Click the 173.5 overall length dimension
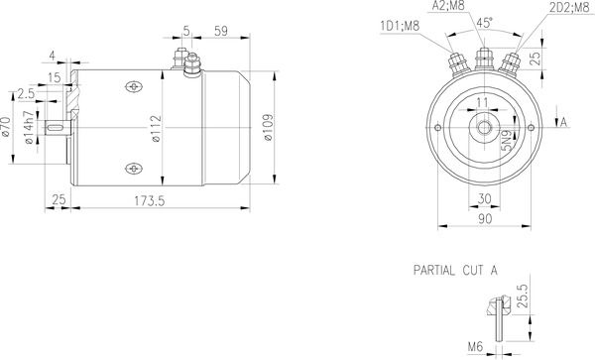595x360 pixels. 150,200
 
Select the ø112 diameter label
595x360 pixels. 156,129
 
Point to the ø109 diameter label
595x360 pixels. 268,127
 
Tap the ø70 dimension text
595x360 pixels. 5,127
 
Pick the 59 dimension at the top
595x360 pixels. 221,31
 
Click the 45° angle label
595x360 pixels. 485,23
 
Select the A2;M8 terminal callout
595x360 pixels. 448,5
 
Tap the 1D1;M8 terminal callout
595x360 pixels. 400,26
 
